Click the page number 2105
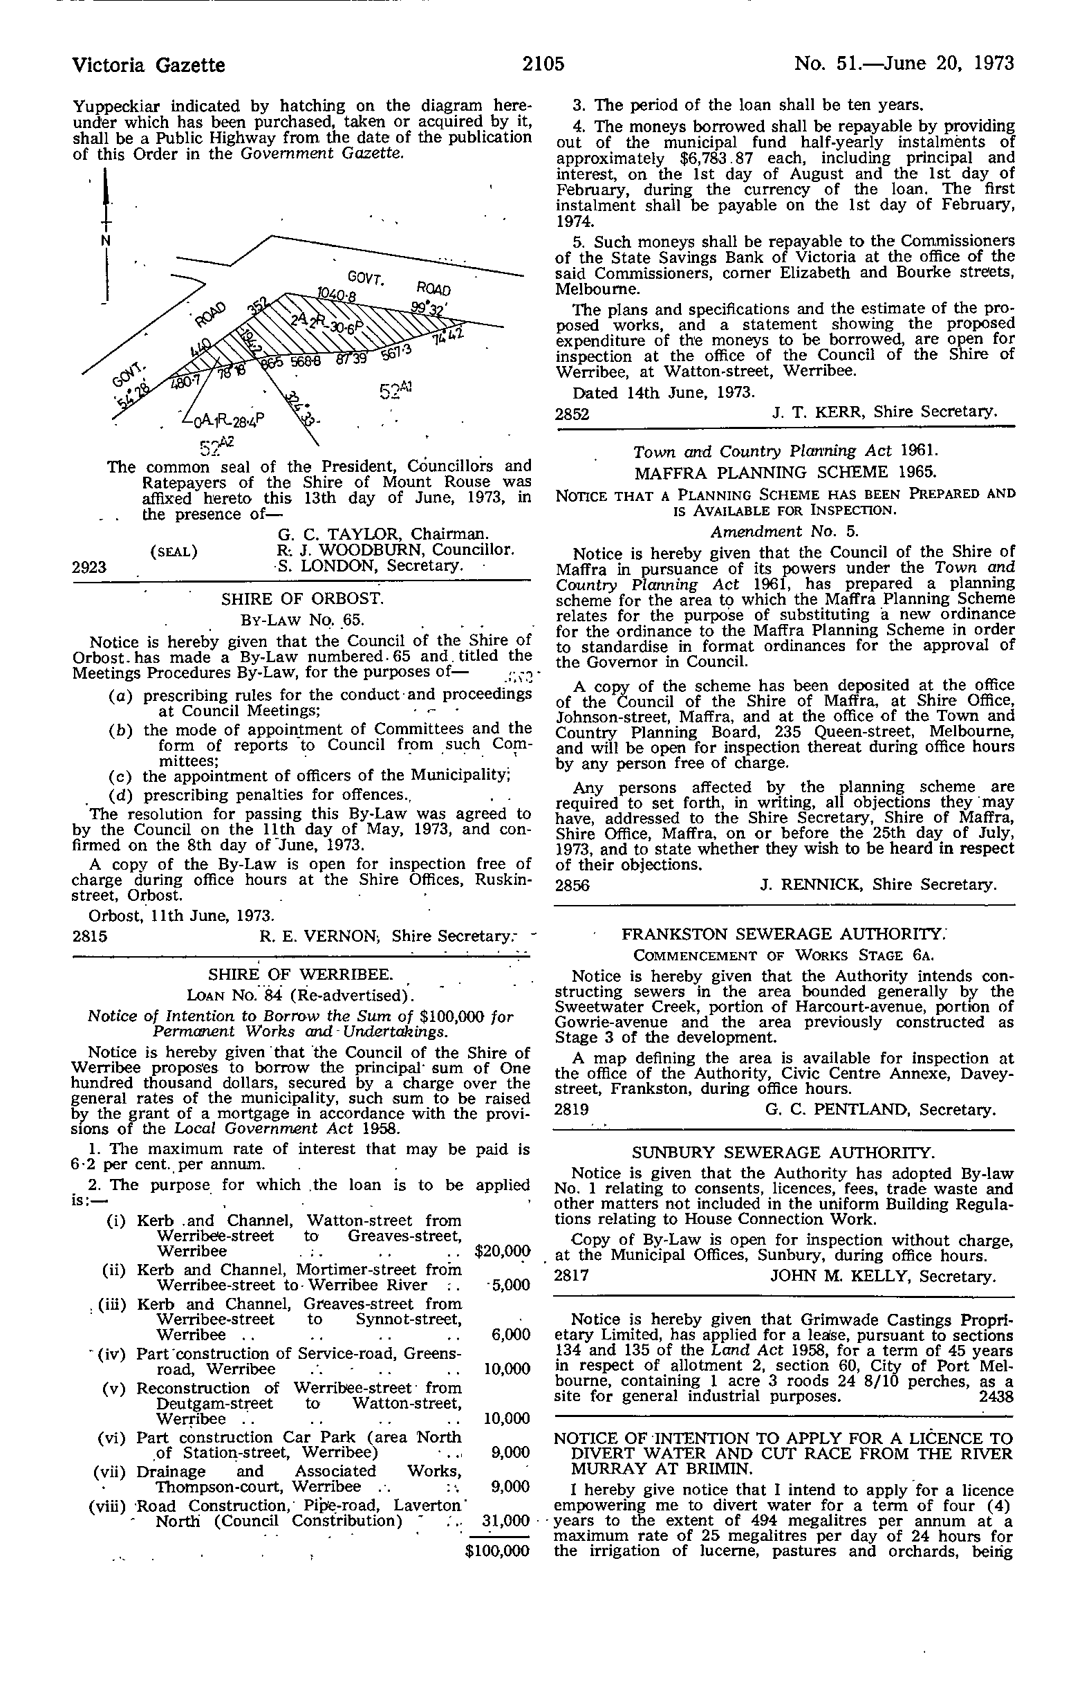[543, 64]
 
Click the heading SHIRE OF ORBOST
[301, 599]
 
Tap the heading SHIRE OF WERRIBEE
[300, 975]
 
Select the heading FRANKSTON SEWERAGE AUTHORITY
[785, 934]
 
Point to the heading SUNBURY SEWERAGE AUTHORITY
[784, 1153]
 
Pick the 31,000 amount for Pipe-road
[506, 1520]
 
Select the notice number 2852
[572, 414]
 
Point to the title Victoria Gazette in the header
[149, 65]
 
